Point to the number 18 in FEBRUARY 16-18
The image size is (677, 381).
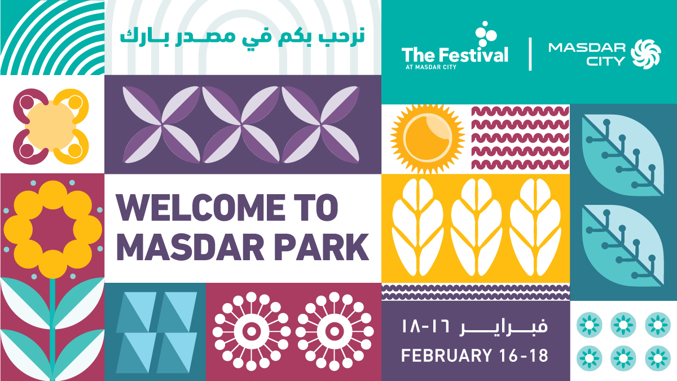point(539,355)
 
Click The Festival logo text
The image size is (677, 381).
point(455,55)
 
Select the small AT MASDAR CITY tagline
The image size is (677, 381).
point(431,67)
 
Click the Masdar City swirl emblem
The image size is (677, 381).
point(645,54)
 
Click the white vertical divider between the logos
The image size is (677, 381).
point(530,54)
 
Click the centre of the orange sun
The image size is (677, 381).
point(428,139)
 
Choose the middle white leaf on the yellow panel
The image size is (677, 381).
point(476,227)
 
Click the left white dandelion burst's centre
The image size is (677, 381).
point(252,331)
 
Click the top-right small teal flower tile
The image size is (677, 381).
point(658,325)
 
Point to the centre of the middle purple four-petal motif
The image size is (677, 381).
point(241,125)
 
